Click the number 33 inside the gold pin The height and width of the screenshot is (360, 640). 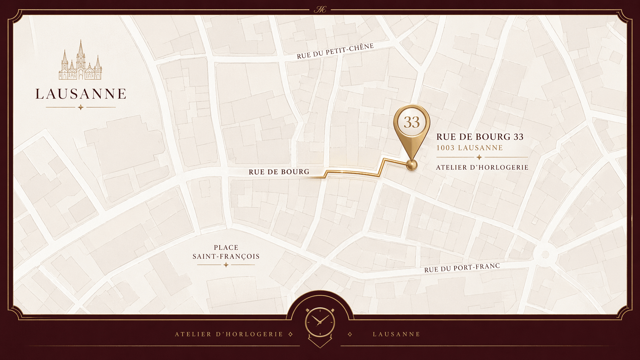point(412,122)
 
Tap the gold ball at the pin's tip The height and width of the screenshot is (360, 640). point(411,165)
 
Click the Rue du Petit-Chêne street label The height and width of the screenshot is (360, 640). point(335,51)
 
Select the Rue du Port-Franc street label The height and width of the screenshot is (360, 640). point(462,267)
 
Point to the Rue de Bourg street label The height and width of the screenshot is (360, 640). point(279,172)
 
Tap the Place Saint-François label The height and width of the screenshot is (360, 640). point(226,252)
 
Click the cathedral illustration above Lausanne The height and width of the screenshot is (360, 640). point(80,61)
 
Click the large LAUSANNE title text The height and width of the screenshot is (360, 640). point(81,94)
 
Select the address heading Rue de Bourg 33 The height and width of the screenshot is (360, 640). point(480,137)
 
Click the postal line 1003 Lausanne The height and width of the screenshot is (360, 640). point(470,148)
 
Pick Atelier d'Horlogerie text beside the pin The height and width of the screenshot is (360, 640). point(482,167)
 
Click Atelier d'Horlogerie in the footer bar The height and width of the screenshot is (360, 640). point(229,334)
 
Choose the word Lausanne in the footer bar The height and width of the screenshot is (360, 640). point(397,334)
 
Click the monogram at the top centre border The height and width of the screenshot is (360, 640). point(320,10)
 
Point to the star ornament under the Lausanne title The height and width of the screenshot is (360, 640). point(80,108)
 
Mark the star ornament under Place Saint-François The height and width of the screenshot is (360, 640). point(226,265)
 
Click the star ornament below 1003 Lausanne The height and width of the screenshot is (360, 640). point(479,157)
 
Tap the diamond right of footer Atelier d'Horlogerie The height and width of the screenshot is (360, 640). point(291,334)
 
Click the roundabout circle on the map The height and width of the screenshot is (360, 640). point(545,254)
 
